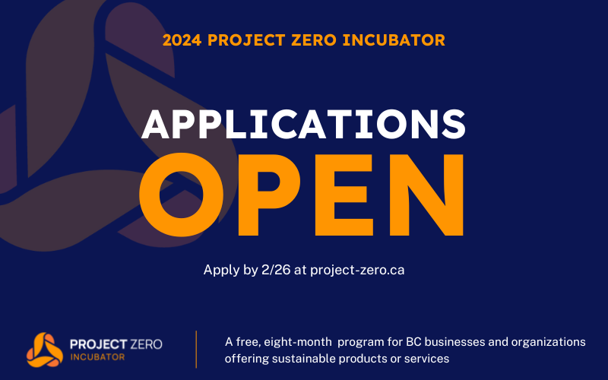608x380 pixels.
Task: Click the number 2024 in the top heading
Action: pos(181,38)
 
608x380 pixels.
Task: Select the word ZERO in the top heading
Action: pos(322,38)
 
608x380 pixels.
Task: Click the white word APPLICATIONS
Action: pos(304,123)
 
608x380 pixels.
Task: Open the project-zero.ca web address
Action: pos(357,270)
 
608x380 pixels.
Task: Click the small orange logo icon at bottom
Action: pos(45,349)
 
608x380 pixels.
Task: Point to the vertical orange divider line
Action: pos(197,349)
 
